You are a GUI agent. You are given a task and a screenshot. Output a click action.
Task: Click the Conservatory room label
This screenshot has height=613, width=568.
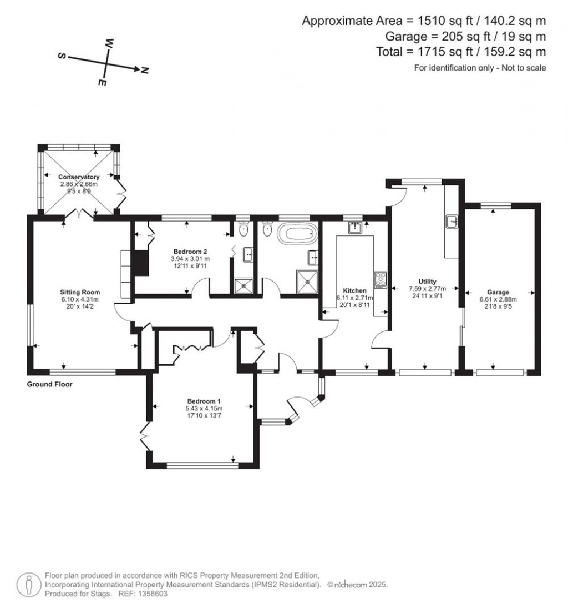(x=79, y=177)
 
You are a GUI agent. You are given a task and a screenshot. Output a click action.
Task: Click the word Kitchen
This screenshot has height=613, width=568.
(x=354, y=290)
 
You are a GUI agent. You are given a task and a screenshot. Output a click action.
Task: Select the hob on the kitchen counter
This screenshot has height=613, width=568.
(x=381, y=279)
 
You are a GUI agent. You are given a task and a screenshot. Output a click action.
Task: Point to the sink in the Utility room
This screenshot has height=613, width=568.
(x=452, y=222)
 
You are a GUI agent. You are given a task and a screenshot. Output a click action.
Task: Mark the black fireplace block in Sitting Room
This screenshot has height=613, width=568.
(x=143, y=263)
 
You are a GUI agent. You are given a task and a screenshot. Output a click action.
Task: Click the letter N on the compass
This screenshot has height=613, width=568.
(x=145, y=70)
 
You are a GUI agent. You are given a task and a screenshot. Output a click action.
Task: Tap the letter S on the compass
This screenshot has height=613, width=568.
(x=62, y=56)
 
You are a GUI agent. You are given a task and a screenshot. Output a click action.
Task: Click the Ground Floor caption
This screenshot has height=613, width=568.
(x=49, y=384)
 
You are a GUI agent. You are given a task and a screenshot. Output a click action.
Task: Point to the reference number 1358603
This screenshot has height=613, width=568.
(x=149, y=594)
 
